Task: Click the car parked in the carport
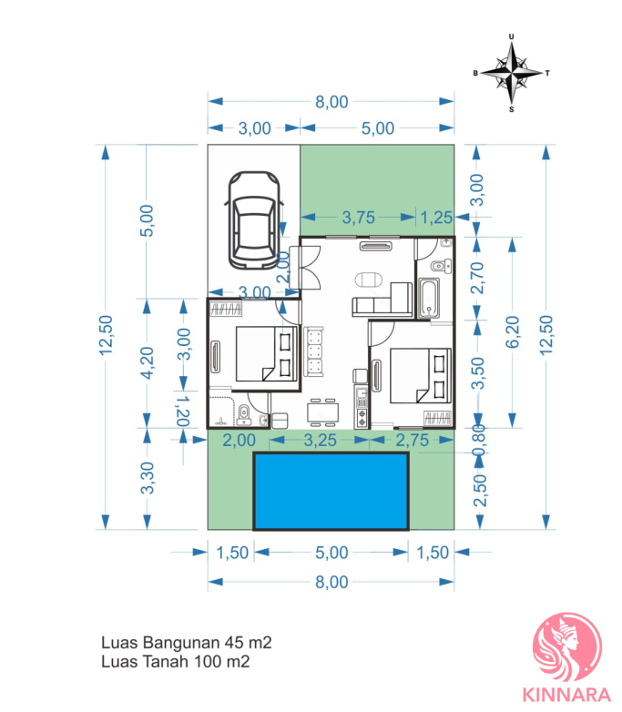[254, 220]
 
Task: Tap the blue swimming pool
[331, 491]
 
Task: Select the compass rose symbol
[512, 73]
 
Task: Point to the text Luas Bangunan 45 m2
[187, 643]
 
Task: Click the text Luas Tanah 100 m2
[176, 662]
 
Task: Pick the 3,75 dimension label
[359, 218]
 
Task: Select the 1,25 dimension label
[436, 218]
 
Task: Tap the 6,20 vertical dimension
[513, 332]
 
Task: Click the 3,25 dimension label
[320, 440]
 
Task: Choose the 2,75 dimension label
[413, 440]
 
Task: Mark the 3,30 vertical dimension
[147, 478]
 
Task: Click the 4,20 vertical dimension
[147, 362]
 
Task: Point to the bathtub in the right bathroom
[428, 298]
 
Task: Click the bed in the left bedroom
[266, 353]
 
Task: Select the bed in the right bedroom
[420, 375]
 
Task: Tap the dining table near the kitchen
[322, 412]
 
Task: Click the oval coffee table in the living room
[369, 280]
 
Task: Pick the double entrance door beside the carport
[308, 268]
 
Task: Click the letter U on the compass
[512, 36]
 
